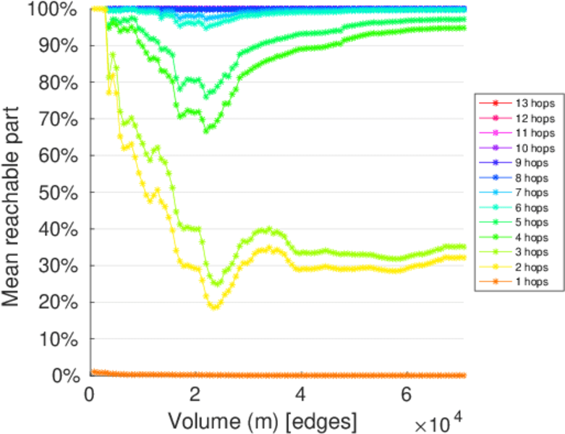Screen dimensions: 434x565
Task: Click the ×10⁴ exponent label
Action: coord(438,420)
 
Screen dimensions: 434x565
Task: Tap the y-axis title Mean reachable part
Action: coord(14,192)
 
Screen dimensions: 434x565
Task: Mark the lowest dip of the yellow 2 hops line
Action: coord(213,307)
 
